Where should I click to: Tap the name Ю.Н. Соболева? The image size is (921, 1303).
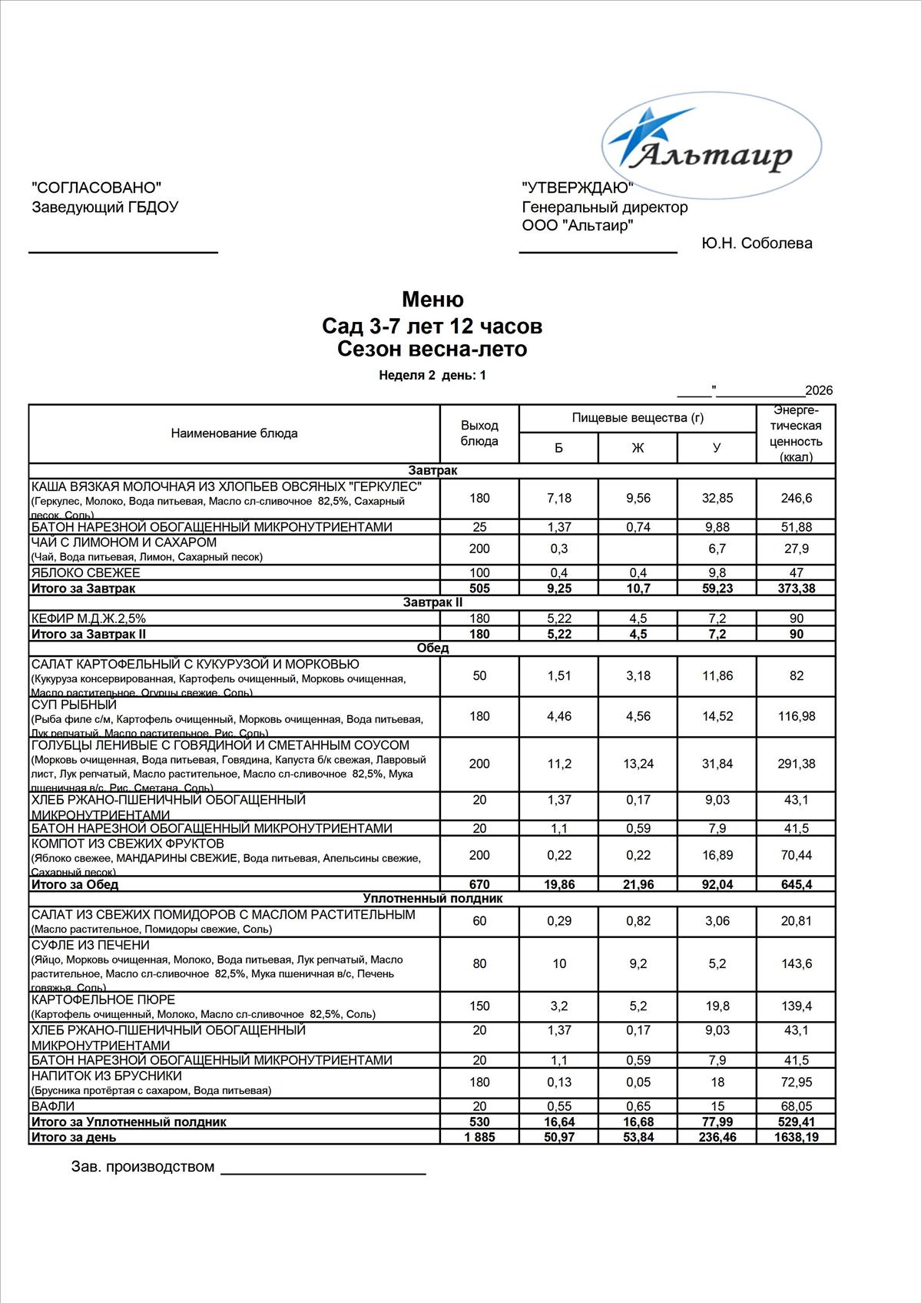tap(756, 244)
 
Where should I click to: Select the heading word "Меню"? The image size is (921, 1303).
tap(432, 299)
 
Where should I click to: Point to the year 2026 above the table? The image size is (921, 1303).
tap(818, 390)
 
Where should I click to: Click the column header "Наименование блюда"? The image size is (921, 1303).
tap(234, 433)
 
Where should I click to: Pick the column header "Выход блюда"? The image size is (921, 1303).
tap(479, 433)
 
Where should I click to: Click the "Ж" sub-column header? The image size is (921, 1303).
tap(638, 448)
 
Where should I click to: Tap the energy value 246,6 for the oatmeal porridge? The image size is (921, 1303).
tap(796, 498)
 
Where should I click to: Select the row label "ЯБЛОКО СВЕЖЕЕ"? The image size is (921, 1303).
tap(86, 572)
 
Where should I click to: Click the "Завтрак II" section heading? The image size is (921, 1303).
tap(432, 602)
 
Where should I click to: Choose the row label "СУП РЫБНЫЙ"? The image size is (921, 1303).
tap(74, 705)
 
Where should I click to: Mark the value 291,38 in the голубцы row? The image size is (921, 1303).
tap(796, 764)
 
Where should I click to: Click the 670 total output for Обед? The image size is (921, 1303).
tap(479, 884)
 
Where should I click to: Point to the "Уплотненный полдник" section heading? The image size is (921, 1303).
tap(432, 898)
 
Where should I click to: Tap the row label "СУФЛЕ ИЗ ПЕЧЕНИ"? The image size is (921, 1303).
tap(91, 945)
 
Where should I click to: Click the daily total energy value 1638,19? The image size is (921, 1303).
tap(796, 1137)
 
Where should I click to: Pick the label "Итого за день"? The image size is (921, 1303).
tap(74, 1137)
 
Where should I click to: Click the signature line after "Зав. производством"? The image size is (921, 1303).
tap(323, 1173)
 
